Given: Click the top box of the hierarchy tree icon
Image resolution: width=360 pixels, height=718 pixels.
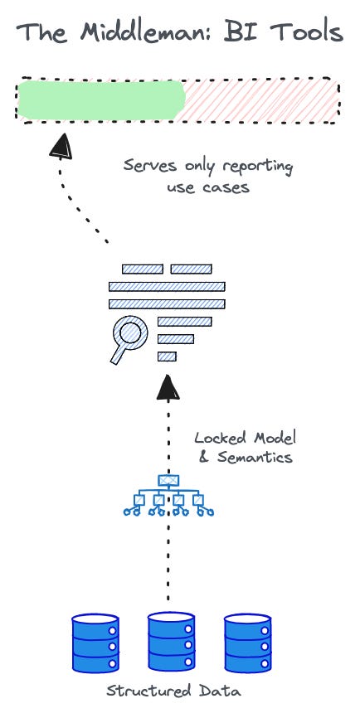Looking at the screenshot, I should (168, 480).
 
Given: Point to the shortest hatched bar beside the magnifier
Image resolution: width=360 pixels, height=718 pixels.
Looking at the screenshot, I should (167, 357).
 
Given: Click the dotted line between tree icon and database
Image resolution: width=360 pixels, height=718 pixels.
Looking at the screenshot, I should (168, 564).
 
